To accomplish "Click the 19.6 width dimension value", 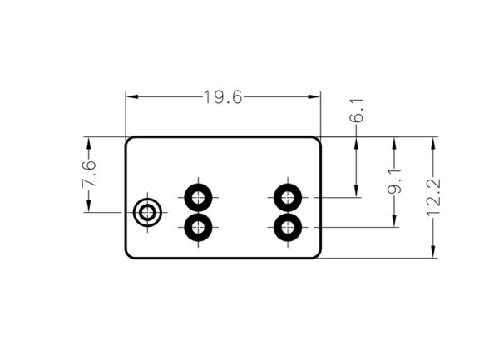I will [222, 97].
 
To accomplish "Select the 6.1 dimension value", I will [357, 111].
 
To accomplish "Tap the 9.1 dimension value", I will [395, 180].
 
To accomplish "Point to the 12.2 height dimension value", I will [433, 197].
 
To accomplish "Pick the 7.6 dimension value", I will [88, 175].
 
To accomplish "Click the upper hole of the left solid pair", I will [198, 198].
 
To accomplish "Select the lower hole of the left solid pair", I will [198, 226].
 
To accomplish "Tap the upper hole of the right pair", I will [288, 198].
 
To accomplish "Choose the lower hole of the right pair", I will [288, 226].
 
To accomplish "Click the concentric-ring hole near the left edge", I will [148, 213].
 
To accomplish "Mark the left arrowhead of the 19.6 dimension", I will [130, 97].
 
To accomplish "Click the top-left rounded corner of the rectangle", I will [128, 140].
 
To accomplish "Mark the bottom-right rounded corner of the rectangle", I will [318, 255].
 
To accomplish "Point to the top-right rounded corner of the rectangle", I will [318, 140].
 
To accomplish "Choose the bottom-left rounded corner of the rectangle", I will [128, 255].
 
